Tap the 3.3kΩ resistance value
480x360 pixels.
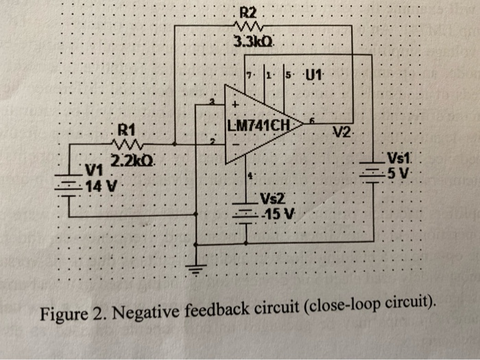[x=252, y=42]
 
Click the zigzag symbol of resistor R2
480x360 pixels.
[x=248, y=27]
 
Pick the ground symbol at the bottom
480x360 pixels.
[x=197, y=268]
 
